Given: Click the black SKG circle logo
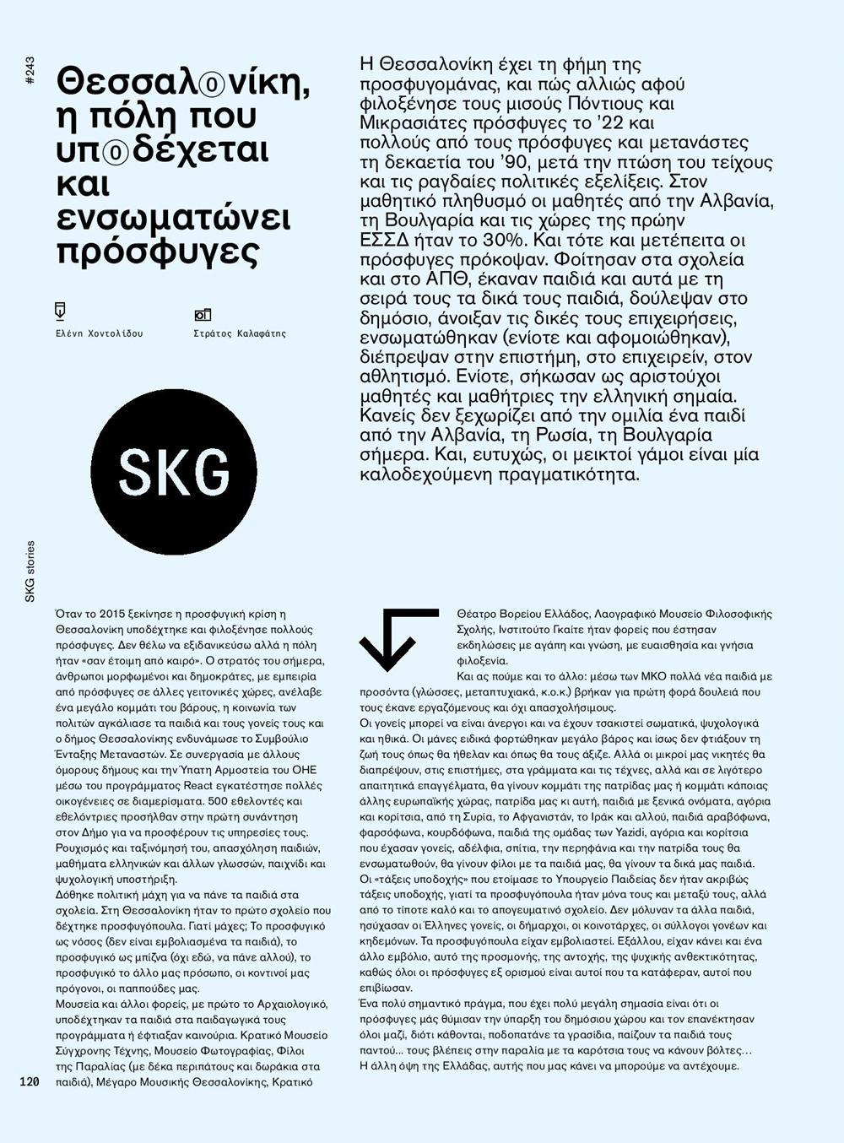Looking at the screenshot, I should [174, 471].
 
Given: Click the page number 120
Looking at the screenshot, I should [30, 1081].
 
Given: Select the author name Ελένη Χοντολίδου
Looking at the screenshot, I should [99, 333].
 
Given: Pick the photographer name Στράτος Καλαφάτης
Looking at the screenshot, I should [240, 333].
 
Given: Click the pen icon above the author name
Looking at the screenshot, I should [60, 311].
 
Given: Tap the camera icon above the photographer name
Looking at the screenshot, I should [203, 314].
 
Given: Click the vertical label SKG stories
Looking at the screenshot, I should [30, 571].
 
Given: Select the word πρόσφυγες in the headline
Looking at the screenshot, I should [157, 251].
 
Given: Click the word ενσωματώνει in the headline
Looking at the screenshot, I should [173, 217].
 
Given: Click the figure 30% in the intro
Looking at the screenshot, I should [479, 240].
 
